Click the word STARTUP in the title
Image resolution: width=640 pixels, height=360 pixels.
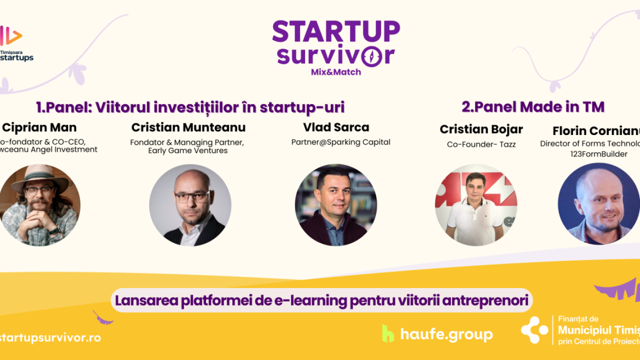click(x=336, y=31)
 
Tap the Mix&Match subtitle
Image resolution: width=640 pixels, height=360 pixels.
click(x=336, y=71)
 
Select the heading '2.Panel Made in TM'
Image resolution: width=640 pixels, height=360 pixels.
click(x=533, y=106)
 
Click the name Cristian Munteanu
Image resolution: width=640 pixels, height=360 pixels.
click(x=188, y=127)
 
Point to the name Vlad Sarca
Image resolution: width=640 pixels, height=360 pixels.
click(x=336, y=127)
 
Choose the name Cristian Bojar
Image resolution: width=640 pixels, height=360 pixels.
click(x=481, y=129)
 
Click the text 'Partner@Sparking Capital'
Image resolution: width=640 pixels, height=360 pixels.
click(x=341, y=142)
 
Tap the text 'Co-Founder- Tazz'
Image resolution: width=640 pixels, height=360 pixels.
click(x=481, y=144)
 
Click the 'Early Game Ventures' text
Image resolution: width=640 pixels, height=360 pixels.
click(x=188, y=150)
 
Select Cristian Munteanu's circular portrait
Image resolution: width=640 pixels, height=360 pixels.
click(x=190, y=205)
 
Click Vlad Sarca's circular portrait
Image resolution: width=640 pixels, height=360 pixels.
click(x=336, y=205)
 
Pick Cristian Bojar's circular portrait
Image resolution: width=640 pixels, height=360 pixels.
click(x=476, y=205)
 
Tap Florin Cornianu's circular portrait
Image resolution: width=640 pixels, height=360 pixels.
click(x=598, y=203)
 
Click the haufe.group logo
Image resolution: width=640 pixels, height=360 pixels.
click(x=437, y=334)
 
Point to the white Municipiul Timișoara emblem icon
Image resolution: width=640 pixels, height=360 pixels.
click(x=534, y=330)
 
